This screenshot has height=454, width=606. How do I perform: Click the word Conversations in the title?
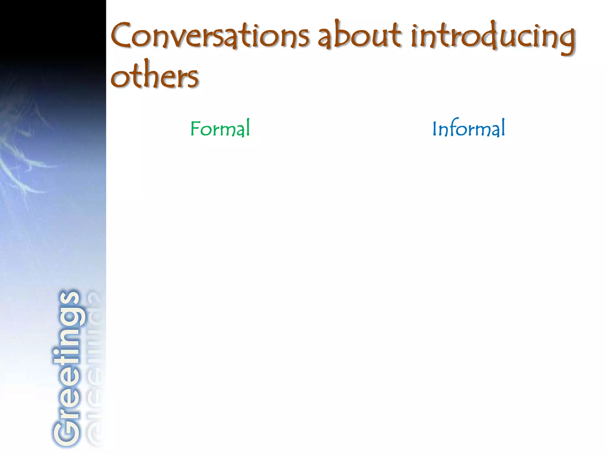click(210, 36)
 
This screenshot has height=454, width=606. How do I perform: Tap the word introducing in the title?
click(493, 37)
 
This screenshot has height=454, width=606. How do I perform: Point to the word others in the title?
click(154, 75)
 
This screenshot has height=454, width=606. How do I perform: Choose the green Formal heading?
click(220, 129)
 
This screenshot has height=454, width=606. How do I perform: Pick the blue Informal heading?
click(469, 129)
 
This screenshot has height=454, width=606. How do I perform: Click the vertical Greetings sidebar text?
click(67, 368)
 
